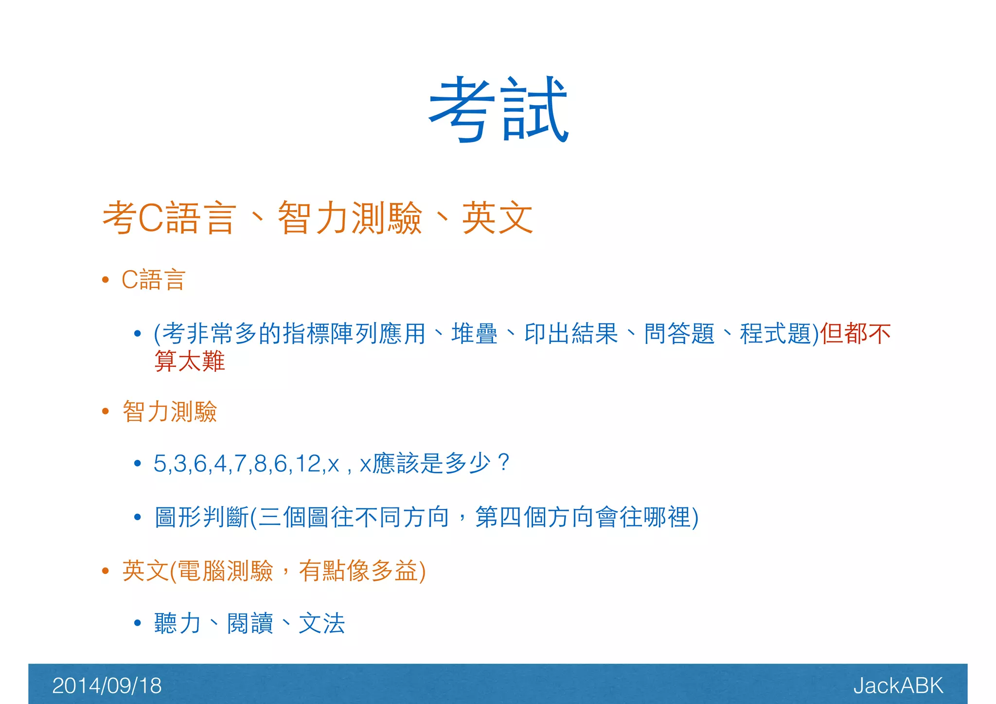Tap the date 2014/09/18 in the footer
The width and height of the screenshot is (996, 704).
tap(107, 686)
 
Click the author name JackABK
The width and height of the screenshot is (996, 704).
tap(898, 686)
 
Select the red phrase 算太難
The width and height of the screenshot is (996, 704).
tap(190, 361)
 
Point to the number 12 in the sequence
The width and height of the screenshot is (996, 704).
tap(309, 463)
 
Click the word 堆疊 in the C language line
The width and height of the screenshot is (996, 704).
tap(474, 334)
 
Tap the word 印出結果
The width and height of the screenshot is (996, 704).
tap(571, 334)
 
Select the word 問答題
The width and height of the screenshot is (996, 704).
tap(679, 334)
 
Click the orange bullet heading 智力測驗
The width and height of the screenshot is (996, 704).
tap(170, 412)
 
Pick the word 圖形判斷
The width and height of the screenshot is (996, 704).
tap(202, 517)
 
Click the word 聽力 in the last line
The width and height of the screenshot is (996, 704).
tap(178, 623)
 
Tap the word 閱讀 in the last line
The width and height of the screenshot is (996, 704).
tap(250, 623)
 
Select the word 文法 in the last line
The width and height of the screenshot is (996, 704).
tap(321, 623)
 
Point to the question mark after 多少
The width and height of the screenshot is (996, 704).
tap(504, 462)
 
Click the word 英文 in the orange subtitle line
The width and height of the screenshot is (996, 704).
tap(497, 218)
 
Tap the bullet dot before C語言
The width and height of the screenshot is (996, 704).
tap(105, 280)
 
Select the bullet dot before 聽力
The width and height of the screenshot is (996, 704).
tap(138, 623)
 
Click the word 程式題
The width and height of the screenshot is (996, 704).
tap(775, 334)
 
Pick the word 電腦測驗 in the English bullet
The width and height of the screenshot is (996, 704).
tap(225, 571)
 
